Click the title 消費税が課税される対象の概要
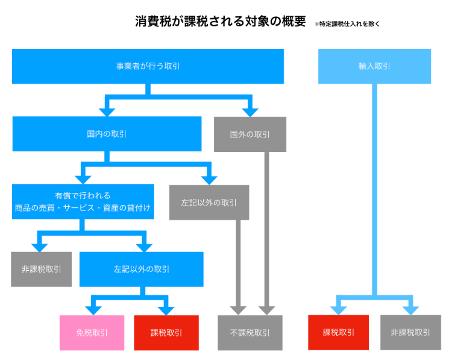coord(221,22)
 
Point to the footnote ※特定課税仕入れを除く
coord(347,24)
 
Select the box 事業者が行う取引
coord(148,66)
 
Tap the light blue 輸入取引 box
coord(374,66)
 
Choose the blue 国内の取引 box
coord(107,134)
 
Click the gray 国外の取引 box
coord(250,134)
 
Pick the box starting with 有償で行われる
coord(83,201)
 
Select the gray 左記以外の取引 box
coord(209,202)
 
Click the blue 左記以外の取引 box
coord(141,269)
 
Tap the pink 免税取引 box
coord(92,332)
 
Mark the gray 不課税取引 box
coord(250,332)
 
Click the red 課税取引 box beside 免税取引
coord(166,332)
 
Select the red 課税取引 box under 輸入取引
coord(338,332)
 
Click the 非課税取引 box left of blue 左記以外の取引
coord(41,269)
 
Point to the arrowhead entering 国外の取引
coord(250,111)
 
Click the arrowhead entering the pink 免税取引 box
coord(92,310)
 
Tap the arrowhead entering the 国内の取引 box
coord(107,111)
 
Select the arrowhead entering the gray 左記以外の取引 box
coord(209,179)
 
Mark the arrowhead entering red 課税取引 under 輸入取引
coord(338,309)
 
